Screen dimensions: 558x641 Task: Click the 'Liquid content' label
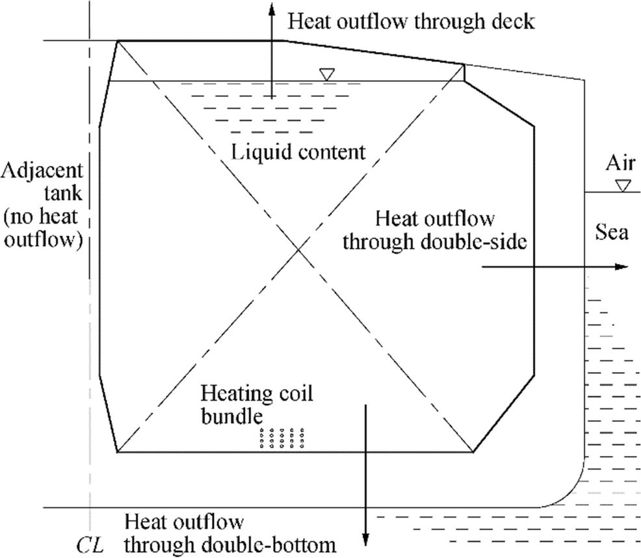click(x=298, y=152)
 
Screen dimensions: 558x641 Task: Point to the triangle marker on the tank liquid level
click(x=328, y=75)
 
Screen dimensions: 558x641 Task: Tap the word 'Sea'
click(x=612, y=232)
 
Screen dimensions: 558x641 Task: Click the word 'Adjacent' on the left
click(x=43, y=171)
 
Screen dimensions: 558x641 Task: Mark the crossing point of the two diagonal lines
click(x=298, y=249)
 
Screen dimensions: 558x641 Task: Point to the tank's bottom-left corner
click(x=118, y=451)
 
